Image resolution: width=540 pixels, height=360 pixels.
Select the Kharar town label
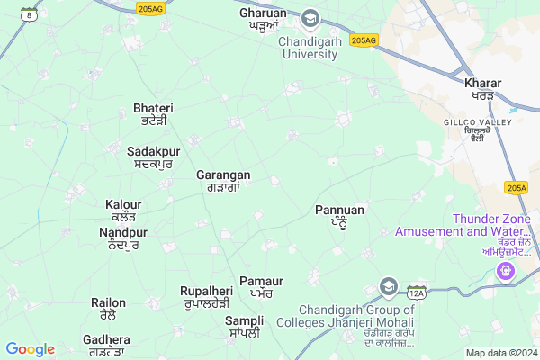pos(483,84)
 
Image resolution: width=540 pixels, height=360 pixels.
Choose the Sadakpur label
pos(149,150)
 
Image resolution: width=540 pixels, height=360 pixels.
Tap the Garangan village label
pos(223,175)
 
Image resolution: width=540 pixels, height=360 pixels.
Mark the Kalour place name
pos(123,204)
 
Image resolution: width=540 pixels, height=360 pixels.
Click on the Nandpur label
pos(123,232)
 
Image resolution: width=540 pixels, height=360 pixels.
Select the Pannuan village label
pos(340,210)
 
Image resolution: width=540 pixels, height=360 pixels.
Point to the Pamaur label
pos(261,282)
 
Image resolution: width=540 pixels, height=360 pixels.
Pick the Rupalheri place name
pos(206,291)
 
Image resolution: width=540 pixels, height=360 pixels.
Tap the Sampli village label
pos(245,320)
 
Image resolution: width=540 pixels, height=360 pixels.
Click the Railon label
pos(109,302)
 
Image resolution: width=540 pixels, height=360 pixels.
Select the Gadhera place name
pos(106,339)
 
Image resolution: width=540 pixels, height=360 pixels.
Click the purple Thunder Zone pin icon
pos(508,268)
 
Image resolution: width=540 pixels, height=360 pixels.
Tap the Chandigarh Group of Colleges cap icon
pos(389,287)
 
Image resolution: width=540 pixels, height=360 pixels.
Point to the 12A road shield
pos(416,293)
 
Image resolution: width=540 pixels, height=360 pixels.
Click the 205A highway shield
pos(517,187)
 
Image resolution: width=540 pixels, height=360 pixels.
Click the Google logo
pos(30,349)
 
